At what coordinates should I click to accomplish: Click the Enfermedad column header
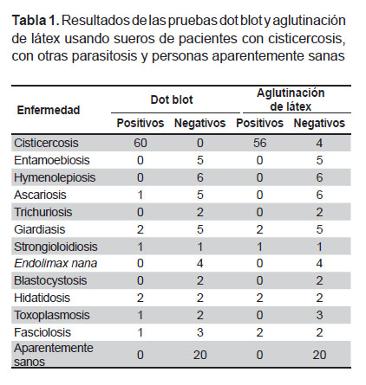[49, 110]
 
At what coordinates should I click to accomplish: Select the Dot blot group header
[172, 99]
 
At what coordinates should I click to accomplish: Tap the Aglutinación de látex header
[291, 99]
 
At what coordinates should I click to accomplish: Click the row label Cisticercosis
[46, 143]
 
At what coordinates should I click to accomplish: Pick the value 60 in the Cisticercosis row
[141, 143]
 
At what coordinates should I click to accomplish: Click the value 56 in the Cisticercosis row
[259, 143]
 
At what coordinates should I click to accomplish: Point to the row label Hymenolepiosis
[55, 177]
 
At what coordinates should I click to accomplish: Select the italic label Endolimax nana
[56, 263]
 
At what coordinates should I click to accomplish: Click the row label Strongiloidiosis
[56, 247]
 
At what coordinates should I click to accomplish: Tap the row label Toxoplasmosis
[52, 315]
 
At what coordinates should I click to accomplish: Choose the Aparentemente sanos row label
[54, 355]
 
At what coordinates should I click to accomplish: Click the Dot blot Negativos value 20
[199, 355]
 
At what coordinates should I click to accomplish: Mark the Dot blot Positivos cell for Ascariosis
[141, 195]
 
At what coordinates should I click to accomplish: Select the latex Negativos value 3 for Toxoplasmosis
[319, 315]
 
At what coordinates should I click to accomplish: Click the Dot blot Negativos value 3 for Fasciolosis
[200, 332]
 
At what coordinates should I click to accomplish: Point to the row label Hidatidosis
[42, 298]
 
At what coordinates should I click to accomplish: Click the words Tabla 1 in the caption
[36, 21]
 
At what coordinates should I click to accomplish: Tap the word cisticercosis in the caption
[306, 39]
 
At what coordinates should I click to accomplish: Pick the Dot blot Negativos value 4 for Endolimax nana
[200, 263]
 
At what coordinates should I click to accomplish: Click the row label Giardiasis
[40, 229]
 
